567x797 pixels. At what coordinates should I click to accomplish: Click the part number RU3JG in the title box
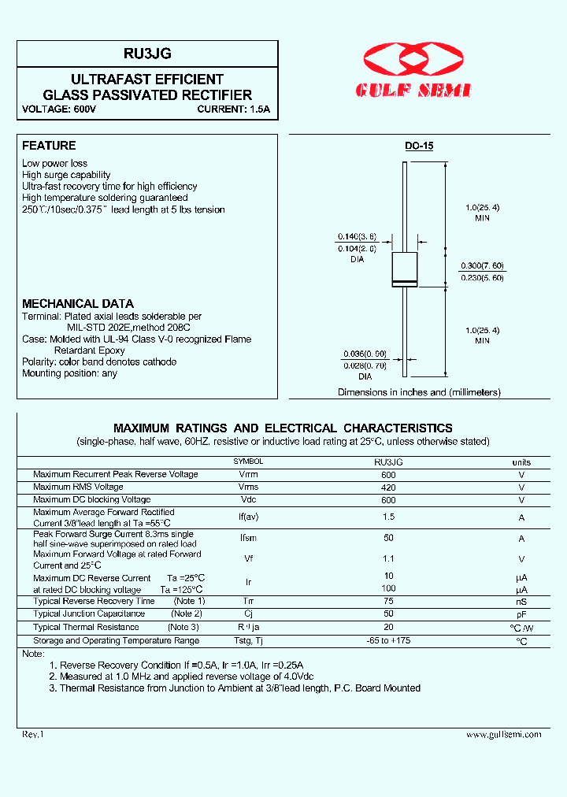tap(147, 54)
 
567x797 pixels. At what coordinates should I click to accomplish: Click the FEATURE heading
tap(49, 146)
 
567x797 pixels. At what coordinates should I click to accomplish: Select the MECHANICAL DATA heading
tap(78, 303)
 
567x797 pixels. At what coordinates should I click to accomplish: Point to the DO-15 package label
tap(419, 146)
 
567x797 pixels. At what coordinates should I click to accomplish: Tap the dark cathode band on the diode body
tap(405, 283)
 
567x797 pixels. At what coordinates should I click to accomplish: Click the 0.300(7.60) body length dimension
tap(482, 265)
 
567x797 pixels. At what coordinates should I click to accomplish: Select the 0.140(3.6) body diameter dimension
tap(357, 236)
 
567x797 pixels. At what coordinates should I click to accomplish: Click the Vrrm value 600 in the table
tap(388, 475)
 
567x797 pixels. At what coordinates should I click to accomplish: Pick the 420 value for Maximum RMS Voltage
tap(388, 487)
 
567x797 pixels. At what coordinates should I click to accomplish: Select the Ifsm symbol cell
tap(248, 539)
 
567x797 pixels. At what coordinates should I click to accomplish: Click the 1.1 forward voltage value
tap(388, 558)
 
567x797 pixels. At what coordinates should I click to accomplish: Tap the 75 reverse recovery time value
tap(388, 601)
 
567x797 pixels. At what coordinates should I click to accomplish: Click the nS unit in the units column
tap(521, 602)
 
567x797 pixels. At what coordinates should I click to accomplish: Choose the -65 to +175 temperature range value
tap(388, 640)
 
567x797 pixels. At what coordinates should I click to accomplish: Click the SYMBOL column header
tap(248, 462)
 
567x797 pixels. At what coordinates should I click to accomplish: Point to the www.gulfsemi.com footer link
tap(503, 734)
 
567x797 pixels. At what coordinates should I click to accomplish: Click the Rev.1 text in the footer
tap(34, 734)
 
